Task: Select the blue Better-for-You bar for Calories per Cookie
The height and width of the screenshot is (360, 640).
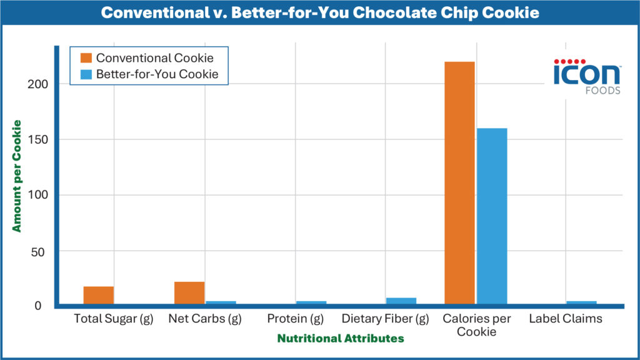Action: tap(491, 216)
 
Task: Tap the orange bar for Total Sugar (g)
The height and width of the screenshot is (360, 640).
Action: tap(99, 296)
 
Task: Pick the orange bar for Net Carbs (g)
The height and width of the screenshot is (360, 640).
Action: tap(189, 293)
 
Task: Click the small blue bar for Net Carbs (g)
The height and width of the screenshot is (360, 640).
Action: tap(221, 303)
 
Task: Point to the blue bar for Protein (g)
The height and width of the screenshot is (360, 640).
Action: tap(311, 303)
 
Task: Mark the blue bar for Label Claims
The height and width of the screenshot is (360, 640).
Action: tap(581, 303)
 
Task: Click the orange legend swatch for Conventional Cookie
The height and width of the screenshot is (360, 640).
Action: tap(86, 58)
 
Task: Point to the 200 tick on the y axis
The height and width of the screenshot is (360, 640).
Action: tap(42, 84)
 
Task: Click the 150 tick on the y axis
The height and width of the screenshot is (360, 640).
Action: tap(42, 139)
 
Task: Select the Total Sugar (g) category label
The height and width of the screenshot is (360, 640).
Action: tap(113, 319)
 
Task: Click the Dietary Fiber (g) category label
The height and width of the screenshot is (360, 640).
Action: tap(386, 319)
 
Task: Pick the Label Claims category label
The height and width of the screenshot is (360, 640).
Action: tap(566, 319)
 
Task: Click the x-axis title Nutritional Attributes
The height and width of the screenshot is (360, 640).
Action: tap(341, 338)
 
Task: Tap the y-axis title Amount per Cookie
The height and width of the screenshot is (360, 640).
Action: tap(17, 176)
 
